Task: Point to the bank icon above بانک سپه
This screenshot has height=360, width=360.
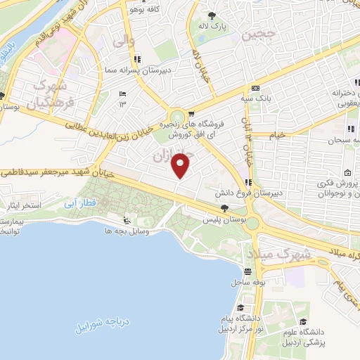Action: pos(255,89)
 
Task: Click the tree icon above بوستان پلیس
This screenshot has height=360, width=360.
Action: pos(224,207)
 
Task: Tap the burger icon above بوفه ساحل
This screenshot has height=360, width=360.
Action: pos(247,272)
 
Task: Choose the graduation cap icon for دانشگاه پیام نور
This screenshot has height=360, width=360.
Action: pos(240,308)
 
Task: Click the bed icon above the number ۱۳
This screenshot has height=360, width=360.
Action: pos(123,95)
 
